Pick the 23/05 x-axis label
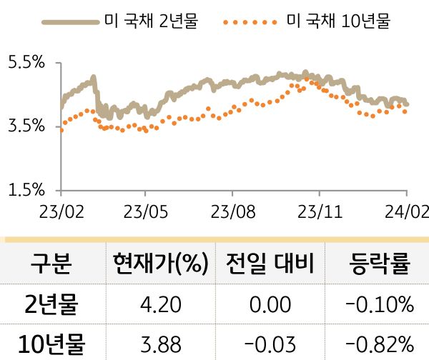click(x=145, y=212)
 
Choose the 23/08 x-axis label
click(x=232, y=212)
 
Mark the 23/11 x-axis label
click(x=319, y=212)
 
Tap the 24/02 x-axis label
click(x=405, y=212)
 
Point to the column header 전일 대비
click(x=269, y=264)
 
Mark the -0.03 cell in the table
click(x=269, y=344)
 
